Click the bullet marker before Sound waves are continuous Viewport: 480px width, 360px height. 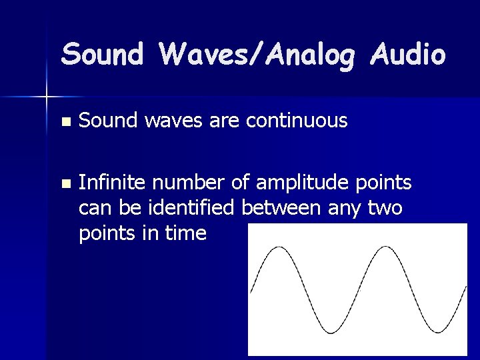64,122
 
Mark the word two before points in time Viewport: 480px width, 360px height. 386,208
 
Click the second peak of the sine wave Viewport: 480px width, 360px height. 383,247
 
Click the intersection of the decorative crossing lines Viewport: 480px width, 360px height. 47,97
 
